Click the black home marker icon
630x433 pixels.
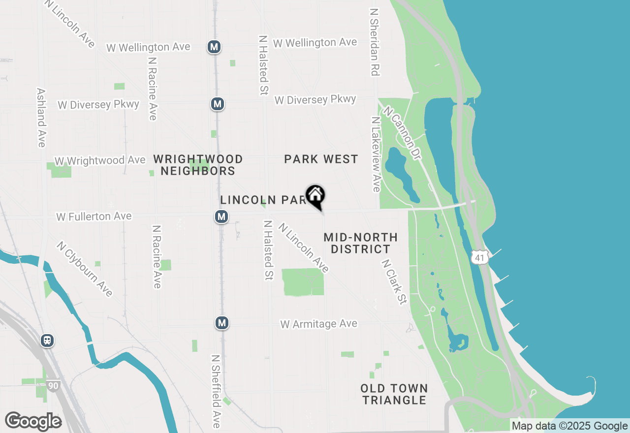(315, 196)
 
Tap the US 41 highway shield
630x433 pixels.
(479, 256)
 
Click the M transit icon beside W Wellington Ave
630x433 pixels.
(214, 47)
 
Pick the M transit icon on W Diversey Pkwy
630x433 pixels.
(218, 104)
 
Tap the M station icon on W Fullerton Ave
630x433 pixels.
(221, 216)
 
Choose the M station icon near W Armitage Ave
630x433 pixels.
(222, 323)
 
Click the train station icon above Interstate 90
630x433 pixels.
(47, 340)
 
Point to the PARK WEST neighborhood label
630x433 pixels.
(321, 159)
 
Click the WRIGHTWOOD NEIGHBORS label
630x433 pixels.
(198, 165)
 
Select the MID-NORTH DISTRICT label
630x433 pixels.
(360, 243)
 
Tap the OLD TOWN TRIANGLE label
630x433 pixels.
(394, 394)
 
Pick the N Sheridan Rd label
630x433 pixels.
(375, 42)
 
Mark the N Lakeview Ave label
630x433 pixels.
(376, 155)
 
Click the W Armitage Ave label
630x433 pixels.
(319, 324)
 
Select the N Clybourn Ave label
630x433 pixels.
(85, 269)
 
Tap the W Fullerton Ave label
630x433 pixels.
(94, 216)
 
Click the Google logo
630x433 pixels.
(33, 422)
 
